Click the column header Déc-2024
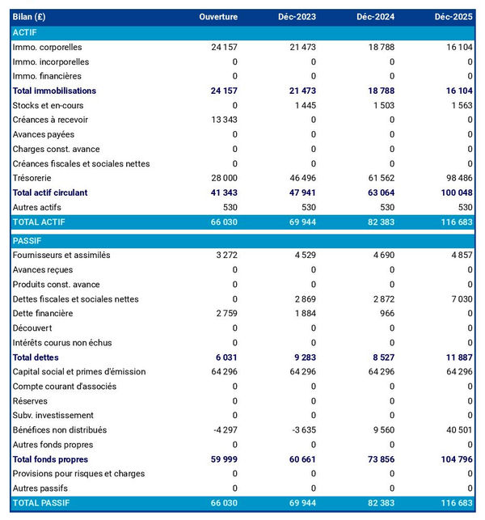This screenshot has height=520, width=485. (x=375, y=17)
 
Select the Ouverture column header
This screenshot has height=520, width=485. (x=219, y=17)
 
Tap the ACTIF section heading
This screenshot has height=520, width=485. (x=25, y=32)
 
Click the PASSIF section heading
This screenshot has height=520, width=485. (x=27, y=241)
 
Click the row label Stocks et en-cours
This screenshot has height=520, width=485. (x=48, y=105)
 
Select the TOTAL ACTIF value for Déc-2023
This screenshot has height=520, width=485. (x=300, y=222)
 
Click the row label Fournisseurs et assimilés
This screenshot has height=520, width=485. (x=61, y=256)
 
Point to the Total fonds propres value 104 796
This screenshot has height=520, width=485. (x=453, y=459)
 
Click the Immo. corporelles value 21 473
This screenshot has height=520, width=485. (x=300, y=47)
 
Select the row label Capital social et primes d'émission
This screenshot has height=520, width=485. (x=79, y=372)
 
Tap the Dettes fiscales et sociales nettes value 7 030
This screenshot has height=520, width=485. (x=458, y=299)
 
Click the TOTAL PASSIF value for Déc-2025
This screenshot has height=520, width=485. (x=453, y=503)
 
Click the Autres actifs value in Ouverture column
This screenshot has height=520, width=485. (x=229, y=207)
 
